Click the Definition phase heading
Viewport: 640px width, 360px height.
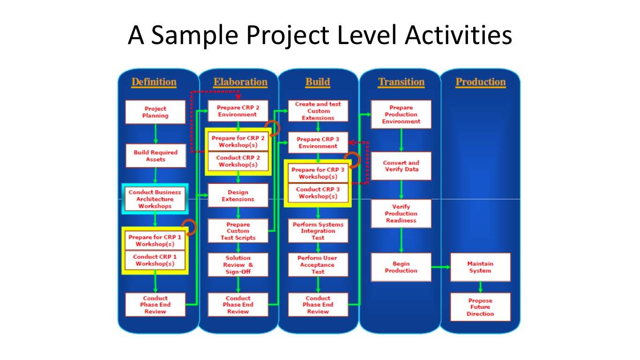pyautogui.click(x=154, y=82)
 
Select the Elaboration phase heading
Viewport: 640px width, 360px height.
pyautogui.click(x=240, y=82)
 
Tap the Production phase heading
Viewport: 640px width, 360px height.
pyautogui.click(x=481, y=82)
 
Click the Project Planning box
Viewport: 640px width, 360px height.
pyautogui.click(x=156, y=112)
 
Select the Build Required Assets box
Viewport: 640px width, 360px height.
pyautogui.click(x=156, y=156)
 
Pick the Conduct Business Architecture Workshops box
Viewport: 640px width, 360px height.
pyautogui.click(x=155, y=199)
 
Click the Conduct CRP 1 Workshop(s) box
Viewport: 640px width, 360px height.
pyautogui.click(x=155, y=260)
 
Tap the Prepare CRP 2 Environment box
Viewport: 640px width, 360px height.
pyautogui.click(x=238, y=111)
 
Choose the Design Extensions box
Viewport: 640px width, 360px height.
pyautogui.click(x=238, y=195)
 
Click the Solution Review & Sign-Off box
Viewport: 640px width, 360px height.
pyautogui.click(x=238, y=265)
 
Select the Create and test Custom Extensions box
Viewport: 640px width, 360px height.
pyautogui.click(x=318, y=111)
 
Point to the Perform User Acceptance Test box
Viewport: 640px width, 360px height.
pyautogui.click(x=318, y=265)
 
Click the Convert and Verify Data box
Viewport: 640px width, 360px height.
pyautogui.click(x=401, y=166)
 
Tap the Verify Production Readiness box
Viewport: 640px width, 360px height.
pyautogui.click(x=401, y=214)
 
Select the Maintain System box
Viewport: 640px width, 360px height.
pyautogui.click(x=480, y=267)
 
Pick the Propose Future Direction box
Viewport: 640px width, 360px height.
pyautogui.click(x=480, y=307)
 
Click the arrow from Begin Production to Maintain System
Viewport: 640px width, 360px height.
pyautogui.click(x=441, y=267)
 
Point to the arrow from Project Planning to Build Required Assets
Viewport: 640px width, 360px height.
pyautogui.click(x=156, y=134)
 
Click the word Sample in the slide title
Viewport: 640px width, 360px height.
pyautogui.click(x=194, y=36)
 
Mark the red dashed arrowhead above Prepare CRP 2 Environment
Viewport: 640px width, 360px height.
pyautogui.click(x=238, y=97)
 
